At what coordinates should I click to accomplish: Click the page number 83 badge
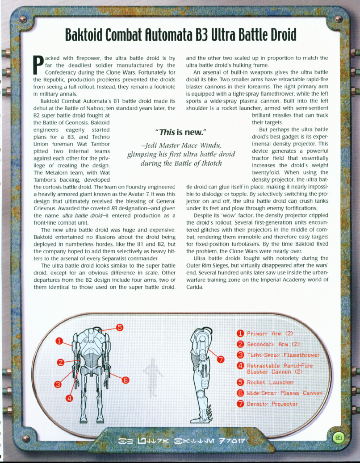(x=339, y=438)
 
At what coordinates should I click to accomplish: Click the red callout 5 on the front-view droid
(x=120, y=327)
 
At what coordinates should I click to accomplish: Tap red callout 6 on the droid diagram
(x=126, y=380)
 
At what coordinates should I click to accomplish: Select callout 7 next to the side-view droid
(x=220, y=360)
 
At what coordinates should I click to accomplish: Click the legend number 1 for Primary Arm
(x=240, y=334)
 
